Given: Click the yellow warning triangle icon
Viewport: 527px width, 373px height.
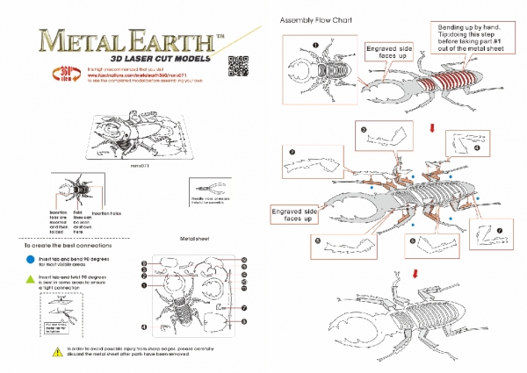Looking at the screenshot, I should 32,352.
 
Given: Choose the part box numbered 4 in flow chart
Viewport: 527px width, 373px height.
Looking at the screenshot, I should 464,146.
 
